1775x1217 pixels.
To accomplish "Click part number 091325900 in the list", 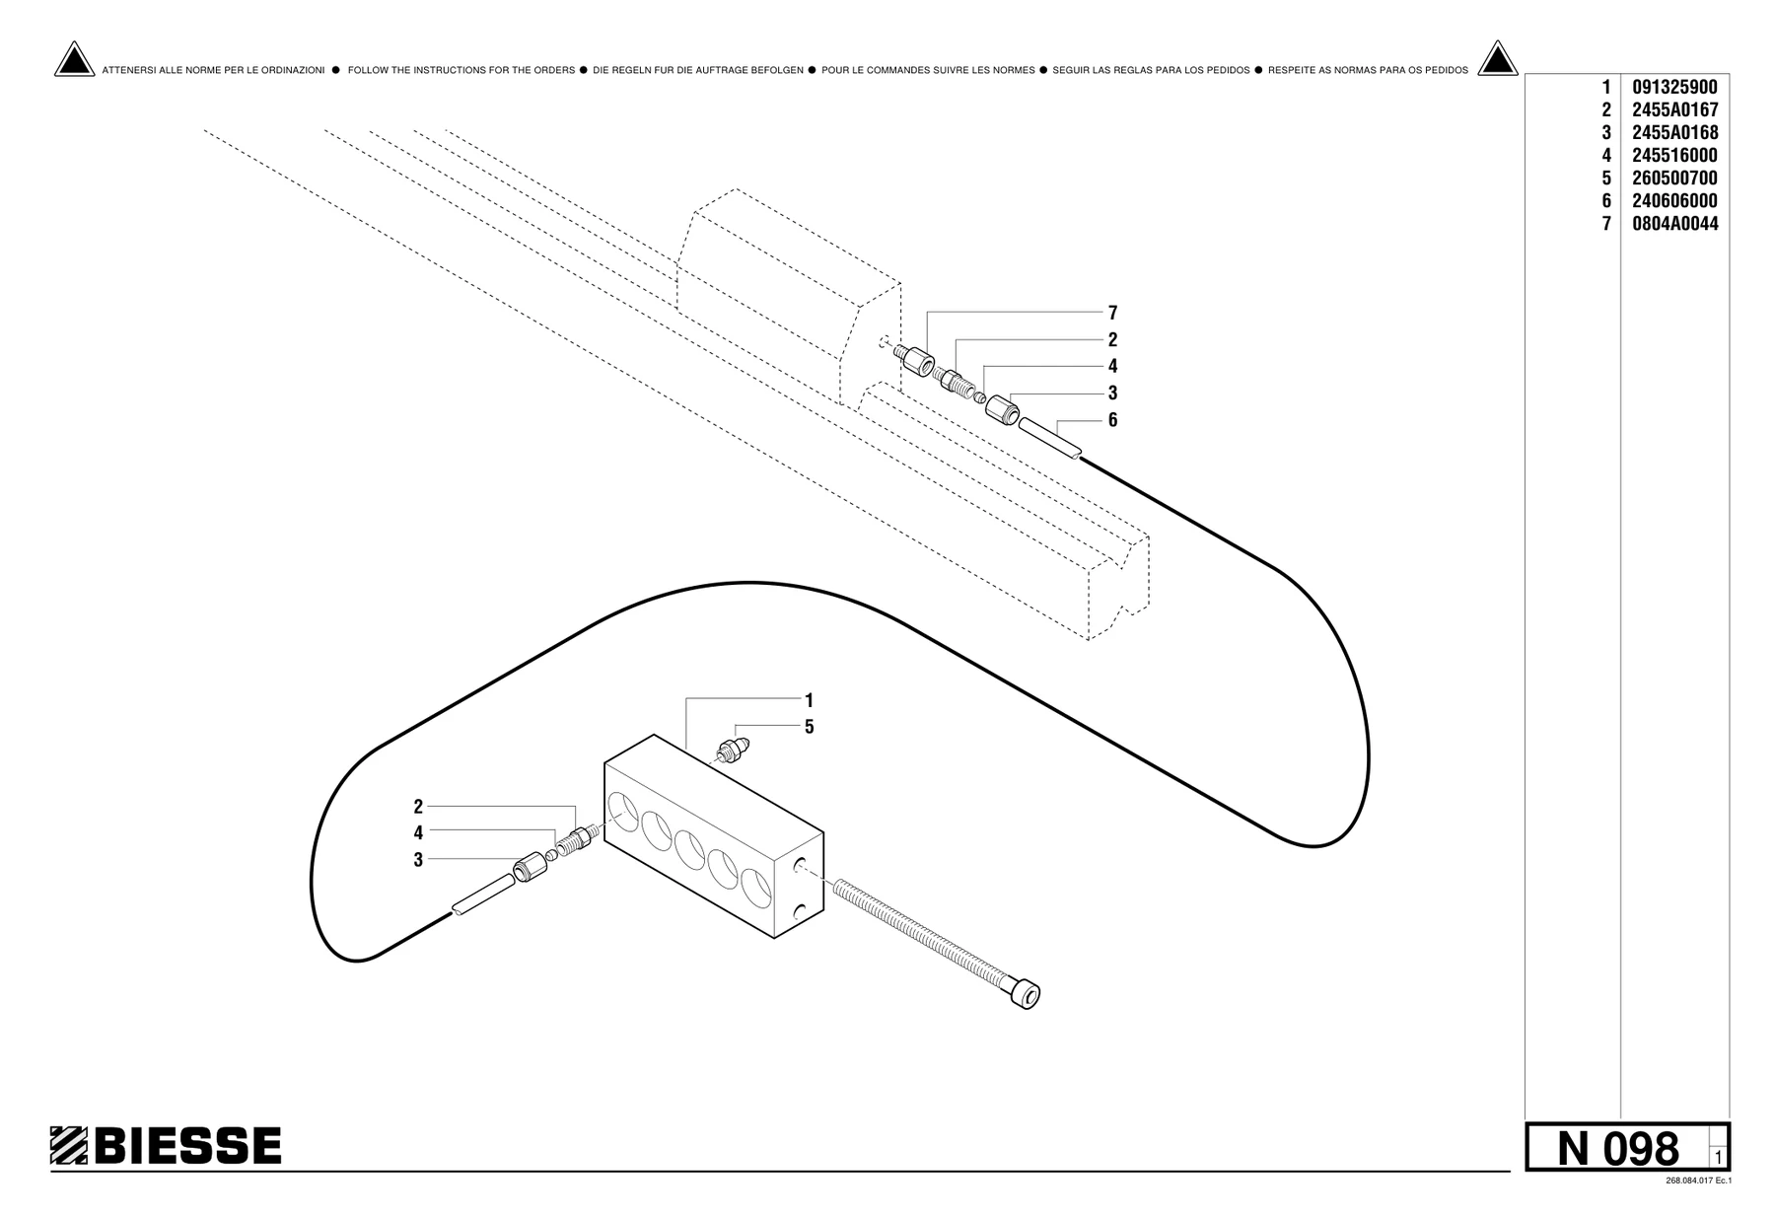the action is point(1674,87).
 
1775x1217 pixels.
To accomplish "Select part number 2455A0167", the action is point(1674,109).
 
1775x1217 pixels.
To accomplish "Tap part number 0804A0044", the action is point(1674,223).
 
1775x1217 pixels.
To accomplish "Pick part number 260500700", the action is point(1674,178).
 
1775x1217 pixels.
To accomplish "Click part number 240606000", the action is point(1674,200).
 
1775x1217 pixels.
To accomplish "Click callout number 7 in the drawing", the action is point(1112,313).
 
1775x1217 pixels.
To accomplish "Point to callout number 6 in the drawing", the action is point(1112,420).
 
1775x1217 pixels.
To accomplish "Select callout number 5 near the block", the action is point(809,727).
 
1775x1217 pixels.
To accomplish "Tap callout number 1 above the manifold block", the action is point(809,700).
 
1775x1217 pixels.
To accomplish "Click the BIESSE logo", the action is point(166,1145).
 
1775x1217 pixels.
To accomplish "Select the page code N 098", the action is point(1617,1148).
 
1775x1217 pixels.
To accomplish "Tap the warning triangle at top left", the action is point(74,60).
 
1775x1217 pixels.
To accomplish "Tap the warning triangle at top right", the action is point(1497,60).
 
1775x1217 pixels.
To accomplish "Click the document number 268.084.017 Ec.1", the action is point(1698,1181).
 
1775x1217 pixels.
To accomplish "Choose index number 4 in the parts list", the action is point(1606,155).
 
